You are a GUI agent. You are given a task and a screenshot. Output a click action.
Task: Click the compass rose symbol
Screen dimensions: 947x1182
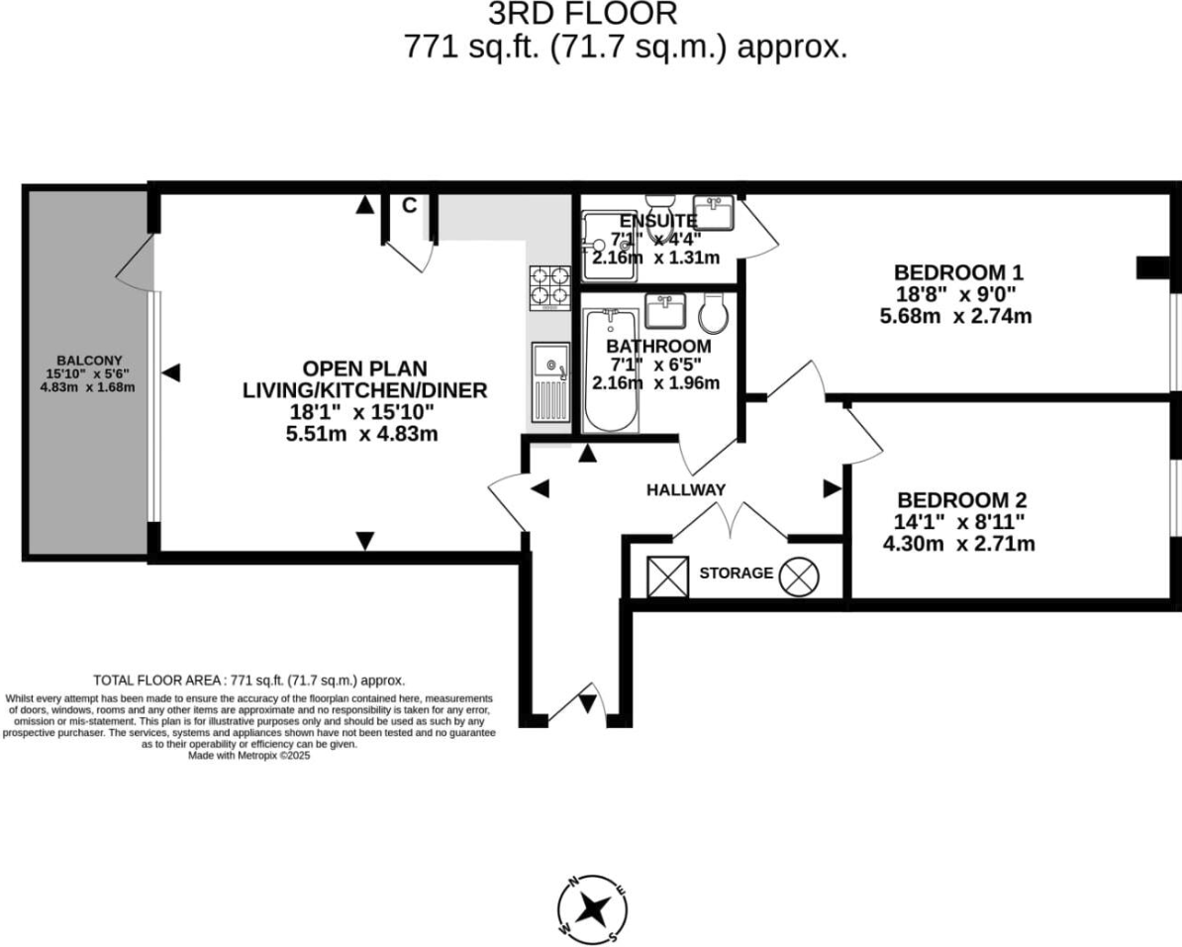[x=593, y=907]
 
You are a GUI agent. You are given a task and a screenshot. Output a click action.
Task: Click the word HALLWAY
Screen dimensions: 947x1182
[x=686, y=489]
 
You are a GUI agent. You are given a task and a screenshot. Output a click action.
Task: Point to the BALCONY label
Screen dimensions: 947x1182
[x=87, y=361]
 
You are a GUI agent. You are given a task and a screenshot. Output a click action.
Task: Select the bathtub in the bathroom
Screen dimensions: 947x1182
[x=611, y=369]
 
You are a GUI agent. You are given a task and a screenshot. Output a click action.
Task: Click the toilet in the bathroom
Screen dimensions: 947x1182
[x=714, y=314]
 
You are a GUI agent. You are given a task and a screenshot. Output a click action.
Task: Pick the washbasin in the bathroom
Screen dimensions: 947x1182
[x=665, y=311]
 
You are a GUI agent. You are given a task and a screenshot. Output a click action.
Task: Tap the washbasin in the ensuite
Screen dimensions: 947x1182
[x=713, y=211]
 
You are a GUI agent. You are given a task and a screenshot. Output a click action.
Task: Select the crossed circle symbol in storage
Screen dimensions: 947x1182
[x=797, y=578]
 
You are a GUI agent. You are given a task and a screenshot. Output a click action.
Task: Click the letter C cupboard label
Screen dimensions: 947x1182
[x=408, y=206]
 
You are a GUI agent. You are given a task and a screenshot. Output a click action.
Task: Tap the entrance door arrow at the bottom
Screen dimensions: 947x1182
[x=587, y=703]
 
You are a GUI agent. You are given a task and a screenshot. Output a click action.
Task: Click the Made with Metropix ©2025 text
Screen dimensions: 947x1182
[x=248, y=755]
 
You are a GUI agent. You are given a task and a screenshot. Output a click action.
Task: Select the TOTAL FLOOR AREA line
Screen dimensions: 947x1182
[x=248, y=681]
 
